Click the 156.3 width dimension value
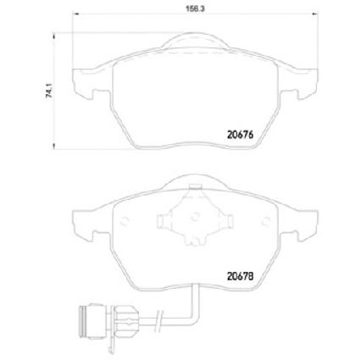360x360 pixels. coord(195,8)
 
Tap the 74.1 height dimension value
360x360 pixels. coord(49,92)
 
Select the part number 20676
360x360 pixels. coord(241,135)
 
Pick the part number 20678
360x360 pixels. coord(241,276)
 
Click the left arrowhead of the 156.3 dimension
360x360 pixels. coord(75,13)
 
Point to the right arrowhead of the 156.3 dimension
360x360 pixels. coord(315,13)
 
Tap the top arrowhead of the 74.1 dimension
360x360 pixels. coord(53,36)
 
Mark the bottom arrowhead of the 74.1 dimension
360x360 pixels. coord(53,147)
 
